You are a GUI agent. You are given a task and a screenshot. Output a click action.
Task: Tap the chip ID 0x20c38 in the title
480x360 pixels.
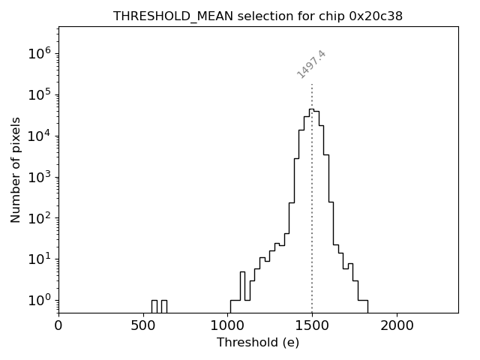point(376,16)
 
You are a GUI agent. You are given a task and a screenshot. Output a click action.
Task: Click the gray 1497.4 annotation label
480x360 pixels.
point(311,64)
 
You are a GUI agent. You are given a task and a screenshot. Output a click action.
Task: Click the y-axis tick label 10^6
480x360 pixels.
point(40,53)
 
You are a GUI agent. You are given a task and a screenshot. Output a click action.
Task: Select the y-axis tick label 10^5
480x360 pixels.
point(40,94)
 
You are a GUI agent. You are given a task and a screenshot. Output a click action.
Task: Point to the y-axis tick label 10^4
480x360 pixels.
point(40,136)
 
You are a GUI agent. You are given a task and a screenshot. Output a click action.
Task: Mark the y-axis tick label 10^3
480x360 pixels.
point(40,177)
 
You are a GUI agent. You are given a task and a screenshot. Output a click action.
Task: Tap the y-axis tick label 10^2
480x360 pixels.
point(40,218)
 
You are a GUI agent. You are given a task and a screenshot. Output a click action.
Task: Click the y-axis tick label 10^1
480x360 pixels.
point(40,259)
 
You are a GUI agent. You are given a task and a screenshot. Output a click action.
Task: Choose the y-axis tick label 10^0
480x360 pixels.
point(40,301)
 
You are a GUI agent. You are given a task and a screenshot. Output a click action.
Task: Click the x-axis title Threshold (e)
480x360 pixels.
point(258,343)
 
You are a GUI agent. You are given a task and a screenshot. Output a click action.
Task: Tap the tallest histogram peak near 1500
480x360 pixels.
point(310,109)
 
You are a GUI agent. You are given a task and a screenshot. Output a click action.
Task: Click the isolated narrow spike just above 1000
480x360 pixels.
point(242,273)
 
